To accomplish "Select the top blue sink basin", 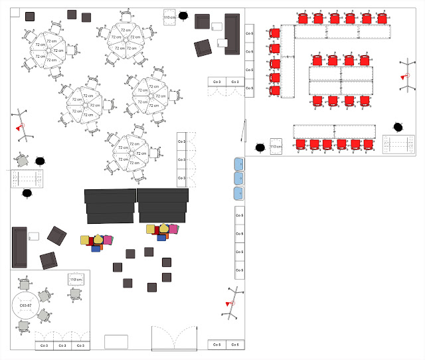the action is [238, 164].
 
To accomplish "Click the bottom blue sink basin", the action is [238, 193].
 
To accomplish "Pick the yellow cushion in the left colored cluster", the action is [99, 237].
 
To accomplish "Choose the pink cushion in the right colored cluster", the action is [173, 229].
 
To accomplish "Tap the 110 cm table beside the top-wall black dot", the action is [170, 17].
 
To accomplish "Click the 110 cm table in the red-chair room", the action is [276, 144].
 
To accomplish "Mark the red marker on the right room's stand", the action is [402, 78].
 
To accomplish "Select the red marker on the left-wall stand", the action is [19, 128].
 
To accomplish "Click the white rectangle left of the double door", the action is [116, 341].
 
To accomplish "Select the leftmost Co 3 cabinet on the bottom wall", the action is [44, 345].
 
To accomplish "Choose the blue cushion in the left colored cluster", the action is [96, 249].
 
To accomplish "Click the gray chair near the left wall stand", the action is [23, 161].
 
